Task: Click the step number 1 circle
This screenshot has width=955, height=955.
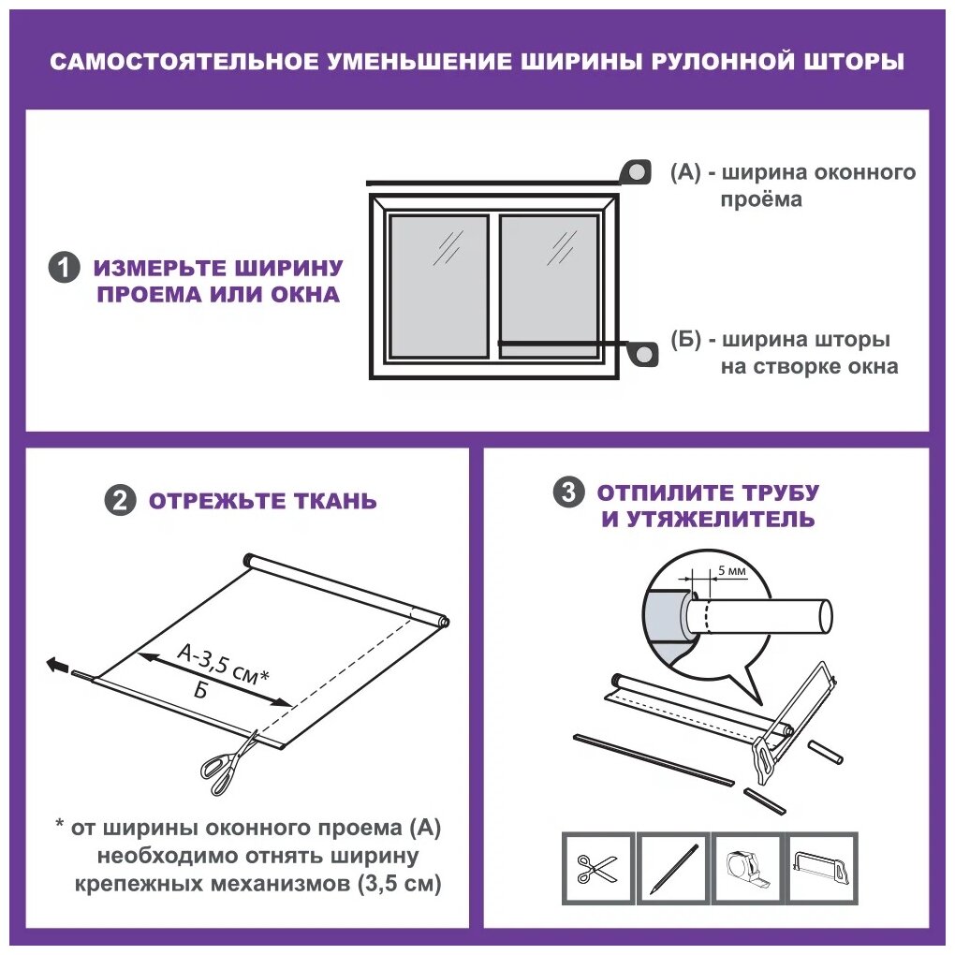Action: coord(64,268)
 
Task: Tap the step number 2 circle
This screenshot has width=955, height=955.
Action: coord(120,501)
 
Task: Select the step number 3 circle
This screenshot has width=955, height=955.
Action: coord(569,492)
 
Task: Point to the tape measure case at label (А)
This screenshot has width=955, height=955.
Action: coord(635,172)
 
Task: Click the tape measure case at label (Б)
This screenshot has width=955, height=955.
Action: coord(643,354)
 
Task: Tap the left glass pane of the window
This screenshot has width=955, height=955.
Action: coord(438,286)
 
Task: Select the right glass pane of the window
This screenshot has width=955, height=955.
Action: coord(549,286)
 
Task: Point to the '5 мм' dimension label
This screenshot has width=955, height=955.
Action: coord(731,571)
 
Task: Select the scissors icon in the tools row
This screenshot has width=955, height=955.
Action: coord(597,869)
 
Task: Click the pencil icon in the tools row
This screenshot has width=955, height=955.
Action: coord(673,869)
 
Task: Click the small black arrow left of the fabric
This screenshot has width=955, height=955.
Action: coord(58,665)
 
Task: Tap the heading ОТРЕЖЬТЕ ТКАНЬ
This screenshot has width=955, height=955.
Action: coord(262,501)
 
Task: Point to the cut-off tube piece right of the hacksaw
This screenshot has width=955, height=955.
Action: coord(825,752)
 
